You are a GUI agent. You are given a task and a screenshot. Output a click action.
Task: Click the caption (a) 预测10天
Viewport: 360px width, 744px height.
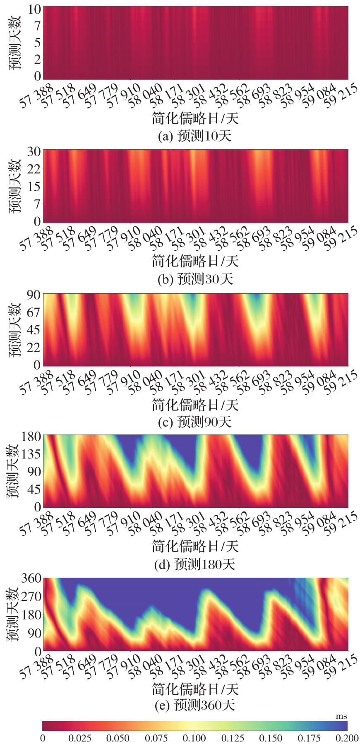pyautogui.click(x=194, y=136)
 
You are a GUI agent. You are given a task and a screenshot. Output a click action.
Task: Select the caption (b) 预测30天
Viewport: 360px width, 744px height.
pyautogui.click(x=195, y=279)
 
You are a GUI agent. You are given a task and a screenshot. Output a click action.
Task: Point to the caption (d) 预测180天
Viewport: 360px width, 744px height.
pyautogui.click(x=194, y=564)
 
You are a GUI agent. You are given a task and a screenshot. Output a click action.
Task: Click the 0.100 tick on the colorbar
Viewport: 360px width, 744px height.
pyautogui.click(x=194, y=738)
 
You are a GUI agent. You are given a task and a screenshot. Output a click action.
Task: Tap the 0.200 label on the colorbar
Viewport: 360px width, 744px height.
pyautogui.click(x=347, y=738)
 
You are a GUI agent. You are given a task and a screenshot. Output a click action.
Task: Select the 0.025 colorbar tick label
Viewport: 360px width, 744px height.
pyautogui.click(x=80, y=738)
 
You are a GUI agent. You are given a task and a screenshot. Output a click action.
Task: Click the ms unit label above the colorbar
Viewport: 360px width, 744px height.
pyautogui.click(x=341, y=716)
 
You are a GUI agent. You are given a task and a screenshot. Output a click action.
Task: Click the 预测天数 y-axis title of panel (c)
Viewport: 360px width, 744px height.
pyautogui.click(x=16, y=329)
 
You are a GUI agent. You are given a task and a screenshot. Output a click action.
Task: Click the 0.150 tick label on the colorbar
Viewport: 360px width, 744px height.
pyautogui.click(x=271, y=738)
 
